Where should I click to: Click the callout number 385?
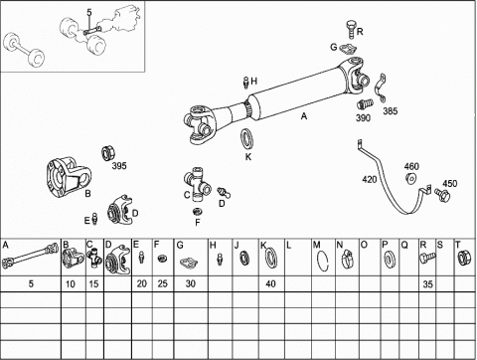(x=391, y=111)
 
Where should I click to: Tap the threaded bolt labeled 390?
(x=365, y=103)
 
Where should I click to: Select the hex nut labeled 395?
(x=108, y=153)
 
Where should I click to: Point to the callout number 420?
(x=370, y=180)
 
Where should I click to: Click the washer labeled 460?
(x=411, y=178)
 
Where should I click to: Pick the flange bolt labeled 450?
(x=442, y=194)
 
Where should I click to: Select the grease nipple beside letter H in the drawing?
(x=246, y=83)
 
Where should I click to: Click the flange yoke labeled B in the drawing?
(x=69, y=177)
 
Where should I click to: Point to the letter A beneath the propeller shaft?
(x=304, y=116)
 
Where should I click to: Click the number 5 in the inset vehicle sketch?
(x=89, y=13)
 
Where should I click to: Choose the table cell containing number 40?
(x=271, y=283)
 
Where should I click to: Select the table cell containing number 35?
(x=427, y=283)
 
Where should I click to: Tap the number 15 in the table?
(x=93, y=284)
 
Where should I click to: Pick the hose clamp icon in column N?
(x=348, y=260)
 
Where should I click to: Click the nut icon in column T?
(x=463, y=259)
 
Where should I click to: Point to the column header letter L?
(x=288, y=246)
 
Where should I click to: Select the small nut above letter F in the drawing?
(x=198, y=212)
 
